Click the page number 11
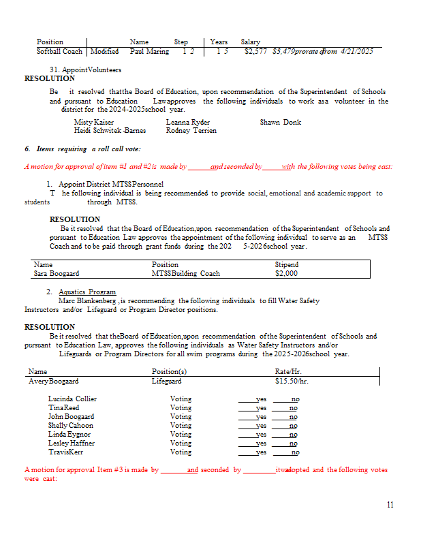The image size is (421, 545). pyautogui.click(x=390, y=505)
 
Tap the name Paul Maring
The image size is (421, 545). pyautogui.click(x=149, y=51)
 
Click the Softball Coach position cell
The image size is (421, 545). pyautogui.click(x=60, y=51)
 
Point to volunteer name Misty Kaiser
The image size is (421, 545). pyautogui.click(x=93, y=122)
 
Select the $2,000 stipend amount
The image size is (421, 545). pyautogui.click(x=287, y=274)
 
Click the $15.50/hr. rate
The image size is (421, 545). pyautogui.click(x=292, y=381)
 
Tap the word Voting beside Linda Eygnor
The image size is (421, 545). pyautogui.click(x=181, y=435)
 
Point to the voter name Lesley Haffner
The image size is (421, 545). pyautogui.click(x=71, y=443)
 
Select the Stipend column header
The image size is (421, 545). pyautogui.click(x=287, y=264)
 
